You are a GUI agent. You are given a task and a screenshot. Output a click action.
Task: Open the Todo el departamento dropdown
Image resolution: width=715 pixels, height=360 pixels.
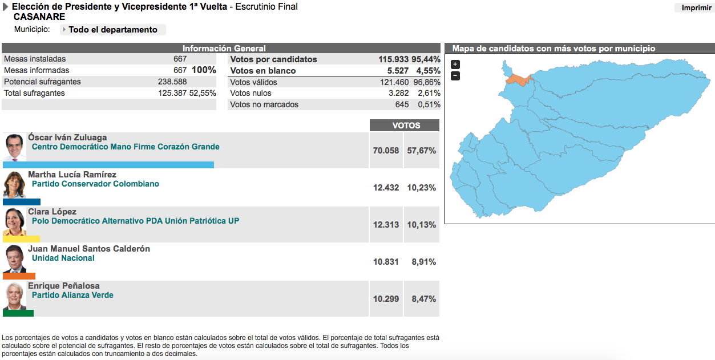(112, 30)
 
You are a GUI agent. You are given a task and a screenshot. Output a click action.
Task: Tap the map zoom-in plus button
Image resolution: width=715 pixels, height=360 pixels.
(455, 64)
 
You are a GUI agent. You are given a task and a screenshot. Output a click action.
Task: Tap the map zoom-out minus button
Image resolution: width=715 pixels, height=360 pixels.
(455, 76)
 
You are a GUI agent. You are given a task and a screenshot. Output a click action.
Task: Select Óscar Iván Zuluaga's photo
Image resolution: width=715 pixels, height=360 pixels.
(15, 148)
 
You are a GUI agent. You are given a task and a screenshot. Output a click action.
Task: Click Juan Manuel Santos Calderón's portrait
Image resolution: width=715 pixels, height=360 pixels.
(15, 260)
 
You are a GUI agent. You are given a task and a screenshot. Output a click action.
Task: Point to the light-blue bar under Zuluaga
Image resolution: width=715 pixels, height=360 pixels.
(108, 165)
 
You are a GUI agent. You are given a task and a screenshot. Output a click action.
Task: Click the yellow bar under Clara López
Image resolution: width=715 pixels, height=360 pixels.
(21, 239)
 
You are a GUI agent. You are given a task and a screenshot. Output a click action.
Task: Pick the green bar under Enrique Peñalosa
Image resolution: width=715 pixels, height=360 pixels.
(18, 313)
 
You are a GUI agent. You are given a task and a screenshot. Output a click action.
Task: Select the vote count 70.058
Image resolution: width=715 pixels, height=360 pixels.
(386, 151)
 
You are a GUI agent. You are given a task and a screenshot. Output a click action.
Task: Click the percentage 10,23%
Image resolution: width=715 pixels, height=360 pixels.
(421, 188)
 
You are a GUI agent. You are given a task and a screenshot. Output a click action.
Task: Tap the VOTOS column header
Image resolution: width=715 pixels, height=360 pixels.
(405, 126)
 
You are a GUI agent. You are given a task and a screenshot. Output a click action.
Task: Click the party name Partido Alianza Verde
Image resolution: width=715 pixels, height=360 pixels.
(72, 295)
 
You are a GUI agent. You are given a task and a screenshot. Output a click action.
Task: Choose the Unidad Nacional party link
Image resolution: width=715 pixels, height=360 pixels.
(63, 258)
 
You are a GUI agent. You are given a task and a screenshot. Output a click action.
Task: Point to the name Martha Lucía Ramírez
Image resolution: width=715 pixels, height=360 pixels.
(72, 175)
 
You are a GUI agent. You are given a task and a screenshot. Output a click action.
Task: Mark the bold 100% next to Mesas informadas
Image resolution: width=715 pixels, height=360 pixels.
(204, 70)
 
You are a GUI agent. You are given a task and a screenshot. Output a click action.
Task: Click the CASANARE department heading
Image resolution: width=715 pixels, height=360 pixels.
(39, 17)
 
